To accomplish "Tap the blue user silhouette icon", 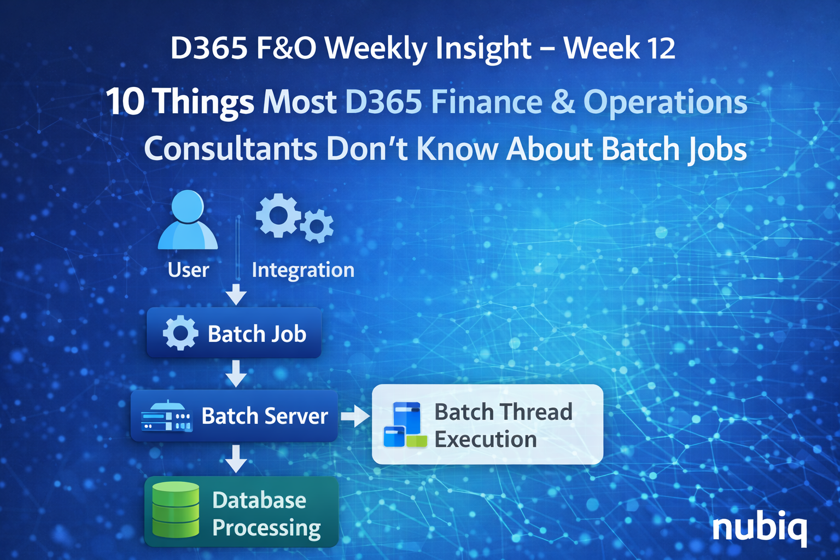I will pos(188,220).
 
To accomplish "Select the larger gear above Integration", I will pos(278,215).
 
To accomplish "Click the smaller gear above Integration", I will pos(316,226).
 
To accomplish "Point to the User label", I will pos(188,270).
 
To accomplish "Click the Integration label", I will pos(303,270).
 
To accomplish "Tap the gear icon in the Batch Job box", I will pos(180,333).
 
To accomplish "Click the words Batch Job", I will pos(257,334).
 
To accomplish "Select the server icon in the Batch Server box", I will pos(166,417).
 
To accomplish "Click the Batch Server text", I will pos(265,416).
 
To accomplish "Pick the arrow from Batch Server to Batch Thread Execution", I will pos(355,416).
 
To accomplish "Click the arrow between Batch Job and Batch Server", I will pos(236,374).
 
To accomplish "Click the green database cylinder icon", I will pos(176,510).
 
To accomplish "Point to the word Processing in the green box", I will pos(266,528).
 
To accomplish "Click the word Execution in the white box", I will pos(486,440).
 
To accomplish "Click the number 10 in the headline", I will pos(125,102).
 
